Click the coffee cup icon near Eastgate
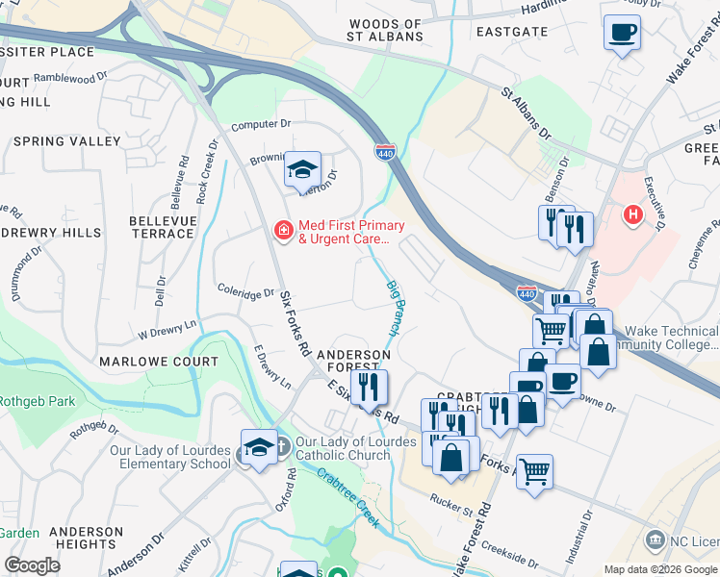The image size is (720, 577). point(622,34)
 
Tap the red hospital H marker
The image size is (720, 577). point(633,213)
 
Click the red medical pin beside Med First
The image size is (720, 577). point(284,229)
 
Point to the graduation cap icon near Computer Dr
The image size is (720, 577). point(302,171)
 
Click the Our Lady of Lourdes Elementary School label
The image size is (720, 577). point(170,457)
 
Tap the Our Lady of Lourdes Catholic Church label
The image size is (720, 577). point(356,449)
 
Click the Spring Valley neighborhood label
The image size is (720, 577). point(67,141)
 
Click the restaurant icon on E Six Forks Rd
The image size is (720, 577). point(369,387)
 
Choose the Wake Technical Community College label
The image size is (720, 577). point(674,338)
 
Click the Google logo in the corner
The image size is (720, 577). point(32,565)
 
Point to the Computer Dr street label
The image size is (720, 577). point(261,125)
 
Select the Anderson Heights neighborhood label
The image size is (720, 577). point(87,538)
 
